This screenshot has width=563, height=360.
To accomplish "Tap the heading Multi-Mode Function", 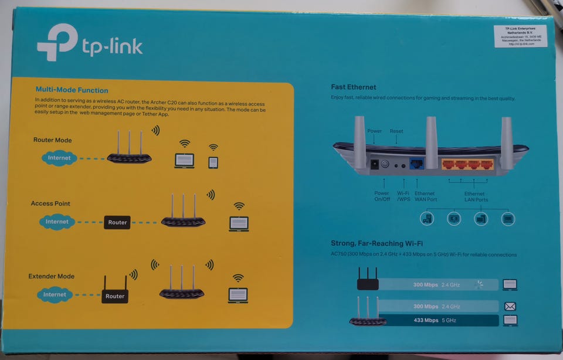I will pos(72,90).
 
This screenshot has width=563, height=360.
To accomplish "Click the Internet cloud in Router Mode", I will pos(59,158).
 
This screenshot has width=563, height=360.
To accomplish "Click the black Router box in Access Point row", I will pos(117,222).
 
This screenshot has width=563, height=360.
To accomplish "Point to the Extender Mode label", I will pos(52,276).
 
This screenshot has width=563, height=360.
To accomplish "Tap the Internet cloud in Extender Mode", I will pos(55,294).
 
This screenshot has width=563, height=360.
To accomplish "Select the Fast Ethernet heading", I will pos(353,87).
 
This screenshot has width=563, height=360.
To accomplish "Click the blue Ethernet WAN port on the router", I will pos(416,164).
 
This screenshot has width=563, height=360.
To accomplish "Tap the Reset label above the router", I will pos(396,131).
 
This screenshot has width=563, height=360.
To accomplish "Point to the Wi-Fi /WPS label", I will pos(403,196).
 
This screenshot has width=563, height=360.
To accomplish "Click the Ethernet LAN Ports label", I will pos(474,196).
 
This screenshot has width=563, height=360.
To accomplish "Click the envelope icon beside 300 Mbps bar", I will pos(510,306).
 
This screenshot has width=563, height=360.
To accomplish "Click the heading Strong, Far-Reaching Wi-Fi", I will pos(377,243).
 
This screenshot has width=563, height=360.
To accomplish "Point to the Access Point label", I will pos(50,203).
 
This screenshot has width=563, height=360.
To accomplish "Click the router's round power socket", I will pos(385,164).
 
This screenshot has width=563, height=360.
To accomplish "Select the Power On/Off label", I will pos(382,196).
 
